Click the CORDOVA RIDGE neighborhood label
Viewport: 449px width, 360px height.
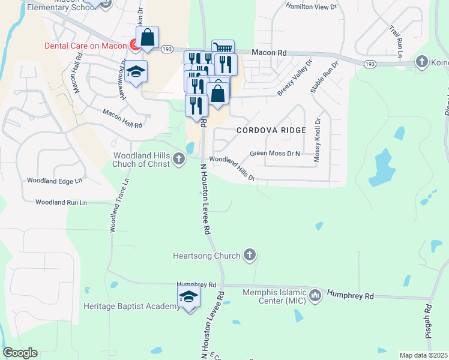coord(271,130)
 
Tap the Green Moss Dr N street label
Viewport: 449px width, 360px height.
coord(274,154)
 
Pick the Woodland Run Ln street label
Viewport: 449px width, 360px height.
coord(61,203)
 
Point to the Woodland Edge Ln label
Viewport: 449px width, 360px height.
coord(54,181)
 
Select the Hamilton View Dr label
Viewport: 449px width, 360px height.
coord(312,7)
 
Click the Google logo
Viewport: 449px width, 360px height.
coord(19,353)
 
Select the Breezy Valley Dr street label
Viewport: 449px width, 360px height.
coord(295,78)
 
